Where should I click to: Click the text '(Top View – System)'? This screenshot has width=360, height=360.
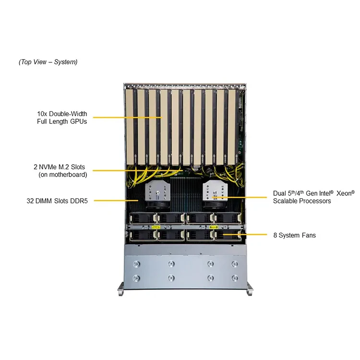48,62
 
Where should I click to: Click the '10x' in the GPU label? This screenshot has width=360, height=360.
42,114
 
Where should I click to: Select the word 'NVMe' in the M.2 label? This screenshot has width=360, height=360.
51,167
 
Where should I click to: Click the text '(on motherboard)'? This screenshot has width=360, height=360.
62,175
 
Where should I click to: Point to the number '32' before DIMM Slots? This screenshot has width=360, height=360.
31,201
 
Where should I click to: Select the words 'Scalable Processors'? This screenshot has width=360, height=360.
302,201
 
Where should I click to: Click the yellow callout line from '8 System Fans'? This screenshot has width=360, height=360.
252,235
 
